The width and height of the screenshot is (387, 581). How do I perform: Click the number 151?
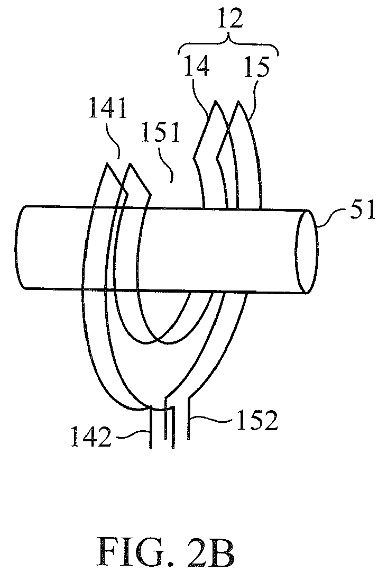160,133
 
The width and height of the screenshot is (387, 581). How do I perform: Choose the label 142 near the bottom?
91,437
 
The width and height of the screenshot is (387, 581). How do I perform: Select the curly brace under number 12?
228,44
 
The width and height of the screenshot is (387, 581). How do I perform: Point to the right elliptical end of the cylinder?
307,252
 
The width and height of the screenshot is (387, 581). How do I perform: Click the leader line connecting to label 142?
132,433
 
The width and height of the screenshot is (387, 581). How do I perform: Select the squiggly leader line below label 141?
114,141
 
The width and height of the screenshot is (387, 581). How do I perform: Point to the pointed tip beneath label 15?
238,101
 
